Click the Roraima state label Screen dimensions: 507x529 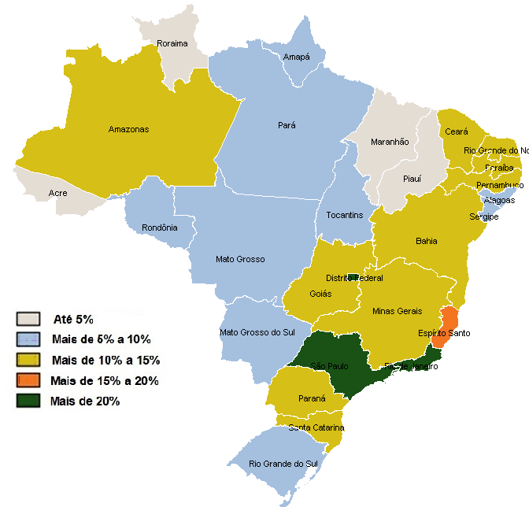click(172, 43)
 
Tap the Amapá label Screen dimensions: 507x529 click(297, 57)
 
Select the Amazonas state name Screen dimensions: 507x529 click(129, 129)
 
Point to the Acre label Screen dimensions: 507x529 click(57, 193)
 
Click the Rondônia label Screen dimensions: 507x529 click(160, 228)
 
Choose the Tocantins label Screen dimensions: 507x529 click(345, 215)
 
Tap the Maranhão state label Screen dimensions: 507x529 click(390, 142)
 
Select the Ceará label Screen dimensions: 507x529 click(457, 131)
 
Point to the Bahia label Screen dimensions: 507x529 click(426, 241)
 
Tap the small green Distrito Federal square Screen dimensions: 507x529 click(353, 277)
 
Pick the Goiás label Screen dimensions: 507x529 click(320, 294)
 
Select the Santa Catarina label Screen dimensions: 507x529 click(316, 427)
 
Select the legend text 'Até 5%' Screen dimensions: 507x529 click(73, 319)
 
